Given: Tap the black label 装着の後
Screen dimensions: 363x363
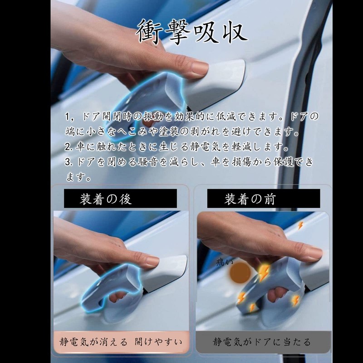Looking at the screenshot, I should [120, 199].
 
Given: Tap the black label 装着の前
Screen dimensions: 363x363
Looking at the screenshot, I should [263, 199].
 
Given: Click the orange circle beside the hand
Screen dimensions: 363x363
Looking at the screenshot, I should [239, 273].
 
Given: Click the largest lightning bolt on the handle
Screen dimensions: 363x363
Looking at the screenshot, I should [264, 273].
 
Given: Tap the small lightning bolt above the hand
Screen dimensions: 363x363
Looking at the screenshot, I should [299, 225].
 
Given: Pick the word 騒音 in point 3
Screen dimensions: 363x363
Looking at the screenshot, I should [157, 162].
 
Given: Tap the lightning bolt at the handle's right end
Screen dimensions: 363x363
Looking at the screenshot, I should [295, 300].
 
